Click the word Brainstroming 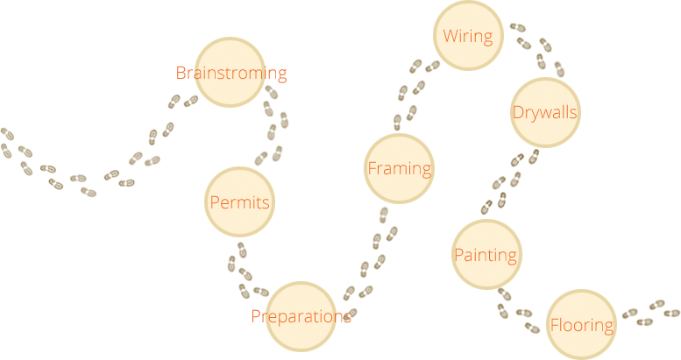231,74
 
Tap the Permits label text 239,202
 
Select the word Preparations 301,316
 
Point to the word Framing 399,168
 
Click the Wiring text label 467,37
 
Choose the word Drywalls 544,112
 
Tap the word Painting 485,255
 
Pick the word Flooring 581,325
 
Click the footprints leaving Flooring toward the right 650,313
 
